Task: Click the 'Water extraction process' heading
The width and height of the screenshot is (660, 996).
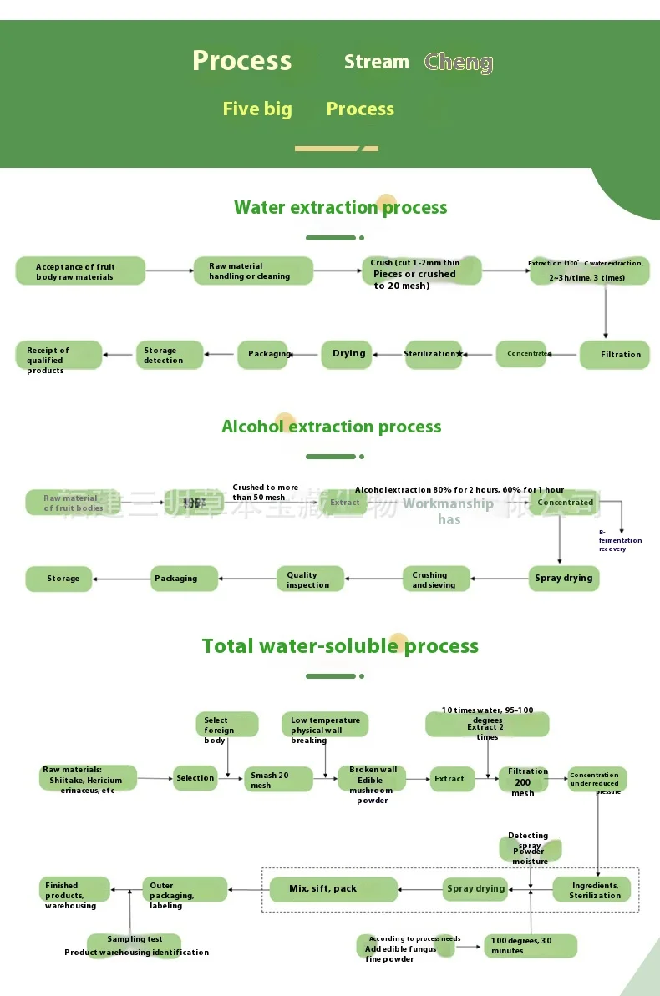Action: click(x=340, y=208)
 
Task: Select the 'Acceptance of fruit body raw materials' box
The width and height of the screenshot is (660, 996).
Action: click(x=80, y=271)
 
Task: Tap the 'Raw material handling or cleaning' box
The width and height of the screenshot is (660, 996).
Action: click(x=253, y=271)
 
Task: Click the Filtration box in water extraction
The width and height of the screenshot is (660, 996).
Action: click(x=614, y=355)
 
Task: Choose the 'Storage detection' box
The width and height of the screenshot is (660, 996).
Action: click(x=170, y=356)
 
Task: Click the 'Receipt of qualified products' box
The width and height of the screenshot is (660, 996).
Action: click(x=58, y=356)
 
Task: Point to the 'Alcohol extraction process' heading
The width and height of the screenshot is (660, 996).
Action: click(x=331, y=427)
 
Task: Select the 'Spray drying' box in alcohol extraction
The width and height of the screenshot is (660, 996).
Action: click(x=564, y=578)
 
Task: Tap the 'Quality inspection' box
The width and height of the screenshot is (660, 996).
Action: click(x=310, y=579)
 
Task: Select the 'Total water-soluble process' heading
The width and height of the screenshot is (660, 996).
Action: click(x=340, y=646)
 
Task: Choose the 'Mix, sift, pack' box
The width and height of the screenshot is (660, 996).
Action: click(x=330, y=889)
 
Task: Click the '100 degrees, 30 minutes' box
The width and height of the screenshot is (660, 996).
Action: click(x=530, y=946)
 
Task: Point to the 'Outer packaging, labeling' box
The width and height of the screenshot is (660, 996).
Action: click(x=184, y=890)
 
